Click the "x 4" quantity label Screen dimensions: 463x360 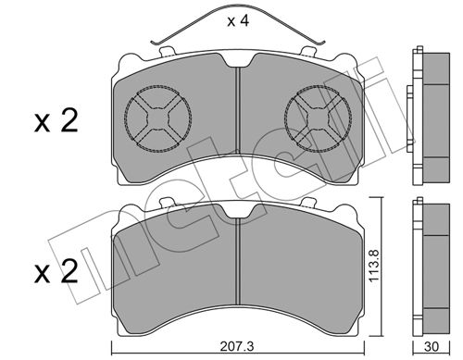pyautogui.click(x=238, y=21)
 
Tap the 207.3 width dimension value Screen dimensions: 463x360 pyautogui.click(x=237, y=346)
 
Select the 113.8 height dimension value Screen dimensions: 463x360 pyautogui.click(x=374, y=266)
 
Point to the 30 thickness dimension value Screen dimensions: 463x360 pyautogui.click(x=432, y=347)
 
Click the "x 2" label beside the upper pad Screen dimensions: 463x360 pyautogui.click(x=56, y=121)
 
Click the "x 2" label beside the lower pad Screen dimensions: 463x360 pyautogui.click(x=56, y=271)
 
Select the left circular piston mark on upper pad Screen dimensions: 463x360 pyautogui.click(x=157, y=118)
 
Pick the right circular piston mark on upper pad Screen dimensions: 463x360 pyautogui.click(x=318, y=118)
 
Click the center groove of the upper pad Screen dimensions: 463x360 pyautogui.click(x=238, y=110)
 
